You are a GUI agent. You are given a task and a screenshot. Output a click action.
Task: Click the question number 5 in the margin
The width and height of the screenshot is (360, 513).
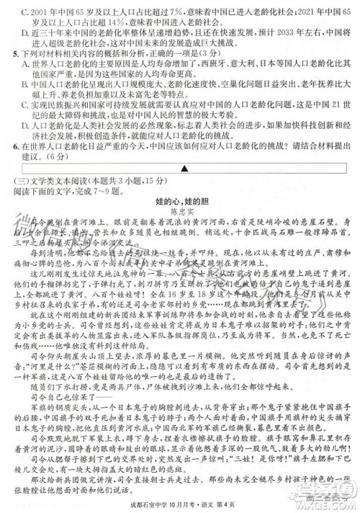7,53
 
